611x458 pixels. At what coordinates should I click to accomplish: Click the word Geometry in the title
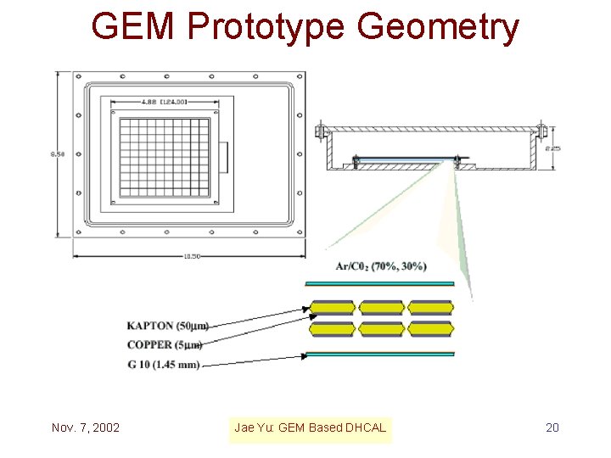pyautogui.click(x=438, y=28)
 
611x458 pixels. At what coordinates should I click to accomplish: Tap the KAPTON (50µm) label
pyautogui.click(x=167, y=326)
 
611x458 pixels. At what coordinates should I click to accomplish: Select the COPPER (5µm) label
pyautogui.click(x=165, y=345)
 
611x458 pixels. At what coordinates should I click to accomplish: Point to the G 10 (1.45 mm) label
pyautogui.click(x=164, y=365)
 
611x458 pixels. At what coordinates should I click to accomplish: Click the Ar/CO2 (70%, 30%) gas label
pyautogui.click(x=381, y=266)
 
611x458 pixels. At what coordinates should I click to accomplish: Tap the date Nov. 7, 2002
pyautogui.click(x=85, y=427)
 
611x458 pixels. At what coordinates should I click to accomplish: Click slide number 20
pyautogui.click(x=552, y=427)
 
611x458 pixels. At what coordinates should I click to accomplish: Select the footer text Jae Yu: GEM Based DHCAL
pyautogui.click(x=310, y=427)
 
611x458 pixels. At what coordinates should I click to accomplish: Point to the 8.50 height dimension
pyautogui.click(x=57, y=154)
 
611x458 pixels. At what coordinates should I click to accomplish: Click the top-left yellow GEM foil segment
pyautogui.click(x=332, y=307)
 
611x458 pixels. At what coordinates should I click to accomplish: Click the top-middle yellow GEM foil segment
pyautogui.click(x=381, y=307)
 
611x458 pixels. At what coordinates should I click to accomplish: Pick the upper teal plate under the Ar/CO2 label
pyautogui.click(x=379, y=283)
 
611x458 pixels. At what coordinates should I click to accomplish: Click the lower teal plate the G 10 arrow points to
pyautogui.click(x=379, y=354)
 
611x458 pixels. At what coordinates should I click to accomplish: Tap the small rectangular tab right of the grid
pyautogui.click(x=224, y=157)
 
